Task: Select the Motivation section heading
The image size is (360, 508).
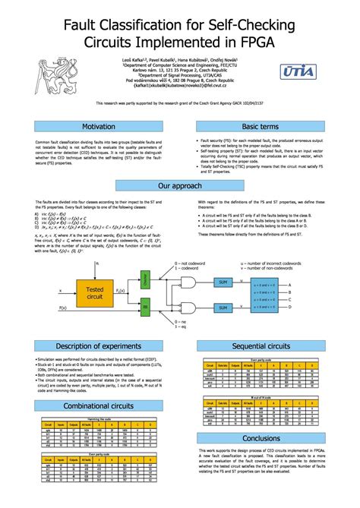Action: [98, 126]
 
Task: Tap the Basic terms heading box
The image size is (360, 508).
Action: [261, 126]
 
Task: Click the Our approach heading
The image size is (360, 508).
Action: [179, 185]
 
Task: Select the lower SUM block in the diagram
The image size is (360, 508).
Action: [223, 308]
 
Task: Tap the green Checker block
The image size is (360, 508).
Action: [145, 280]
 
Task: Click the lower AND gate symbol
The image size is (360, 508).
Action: [185, 308]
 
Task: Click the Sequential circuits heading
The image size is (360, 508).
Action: [261, 347]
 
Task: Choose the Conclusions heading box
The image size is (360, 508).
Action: [261, 439]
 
